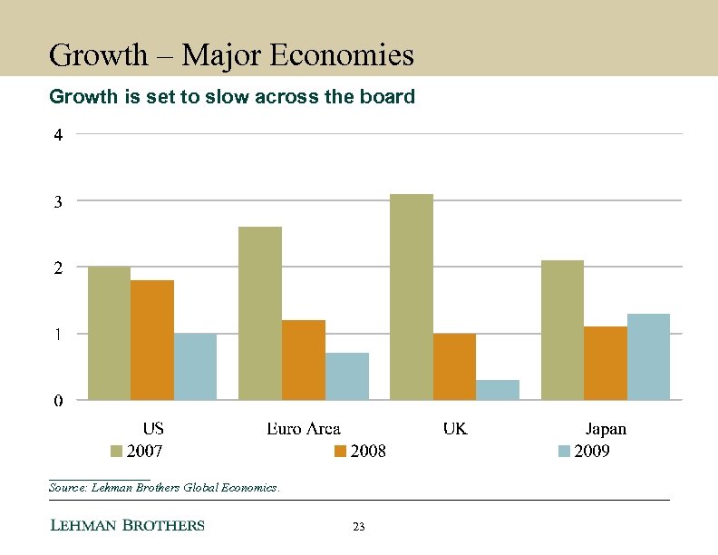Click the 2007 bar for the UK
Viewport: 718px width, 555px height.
(411, 297)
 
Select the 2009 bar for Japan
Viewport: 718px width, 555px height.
(648, 356)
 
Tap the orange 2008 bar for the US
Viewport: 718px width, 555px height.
(152, 340)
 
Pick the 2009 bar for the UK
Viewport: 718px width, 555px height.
(497, 390)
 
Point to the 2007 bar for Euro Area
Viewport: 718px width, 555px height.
(259, 313)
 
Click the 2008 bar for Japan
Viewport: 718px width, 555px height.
(606, 363)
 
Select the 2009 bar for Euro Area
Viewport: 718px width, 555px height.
(346, 376)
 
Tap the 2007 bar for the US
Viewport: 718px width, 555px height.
(109, 333)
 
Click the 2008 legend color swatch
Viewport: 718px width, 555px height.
(341, 452)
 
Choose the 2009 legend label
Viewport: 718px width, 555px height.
(592, 452)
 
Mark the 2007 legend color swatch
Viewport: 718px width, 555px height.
(116, 452)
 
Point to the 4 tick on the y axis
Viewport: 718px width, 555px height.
(58, 136)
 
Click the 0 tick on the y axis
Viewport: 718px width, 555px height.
(58, 401)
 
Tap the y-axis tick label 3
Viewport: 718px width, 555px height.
(58, 202)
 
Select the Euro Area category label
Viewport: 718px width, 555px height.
(304, 429)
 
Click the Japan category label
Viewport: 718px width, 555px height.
(606, 429)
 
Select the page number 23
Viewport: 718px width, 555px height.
(358, 527)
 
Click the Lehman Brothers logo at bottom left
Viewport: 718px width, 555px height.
(126, 525)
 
